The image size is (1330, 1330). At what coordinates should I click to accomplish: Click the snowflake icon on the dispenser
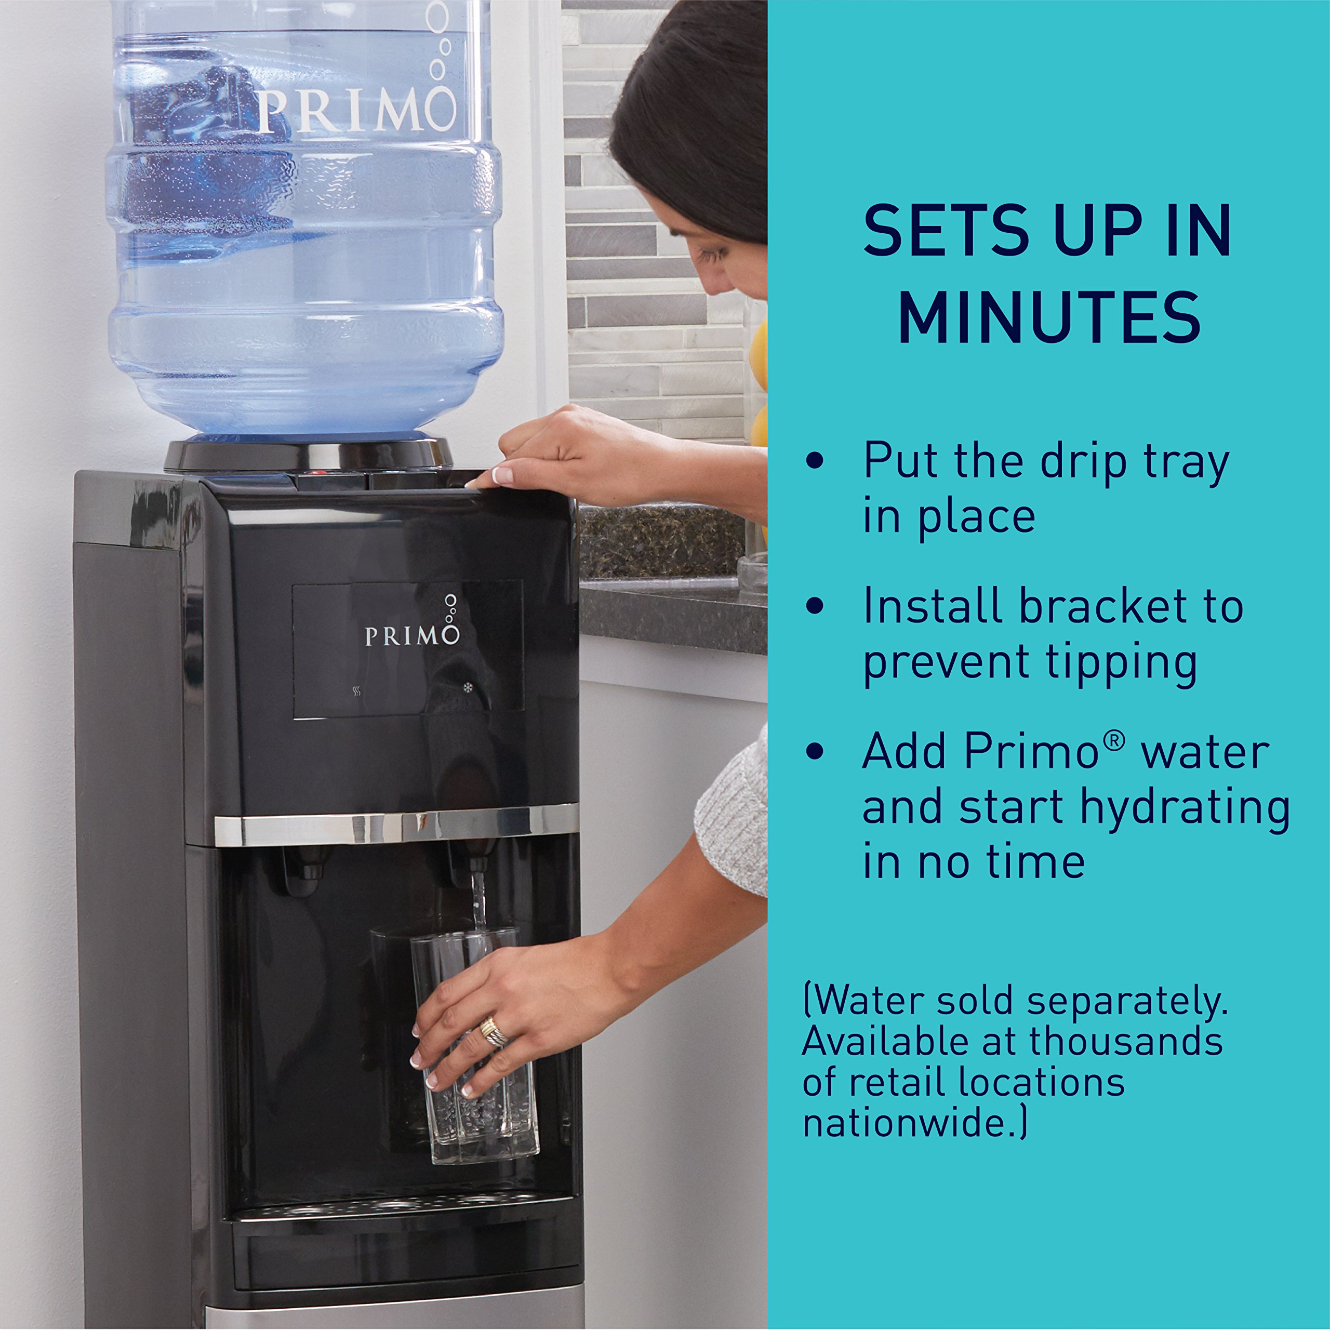click(468, 687)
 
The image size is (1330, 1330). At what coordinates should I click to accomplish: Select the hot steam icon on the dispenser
click(356, 690)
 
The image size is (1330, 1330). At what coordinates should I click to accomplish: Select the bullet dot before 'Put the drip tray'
click(815, 460)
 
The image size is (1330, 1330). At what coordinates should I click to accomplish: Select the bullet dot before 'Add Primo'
click(815, 751)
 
